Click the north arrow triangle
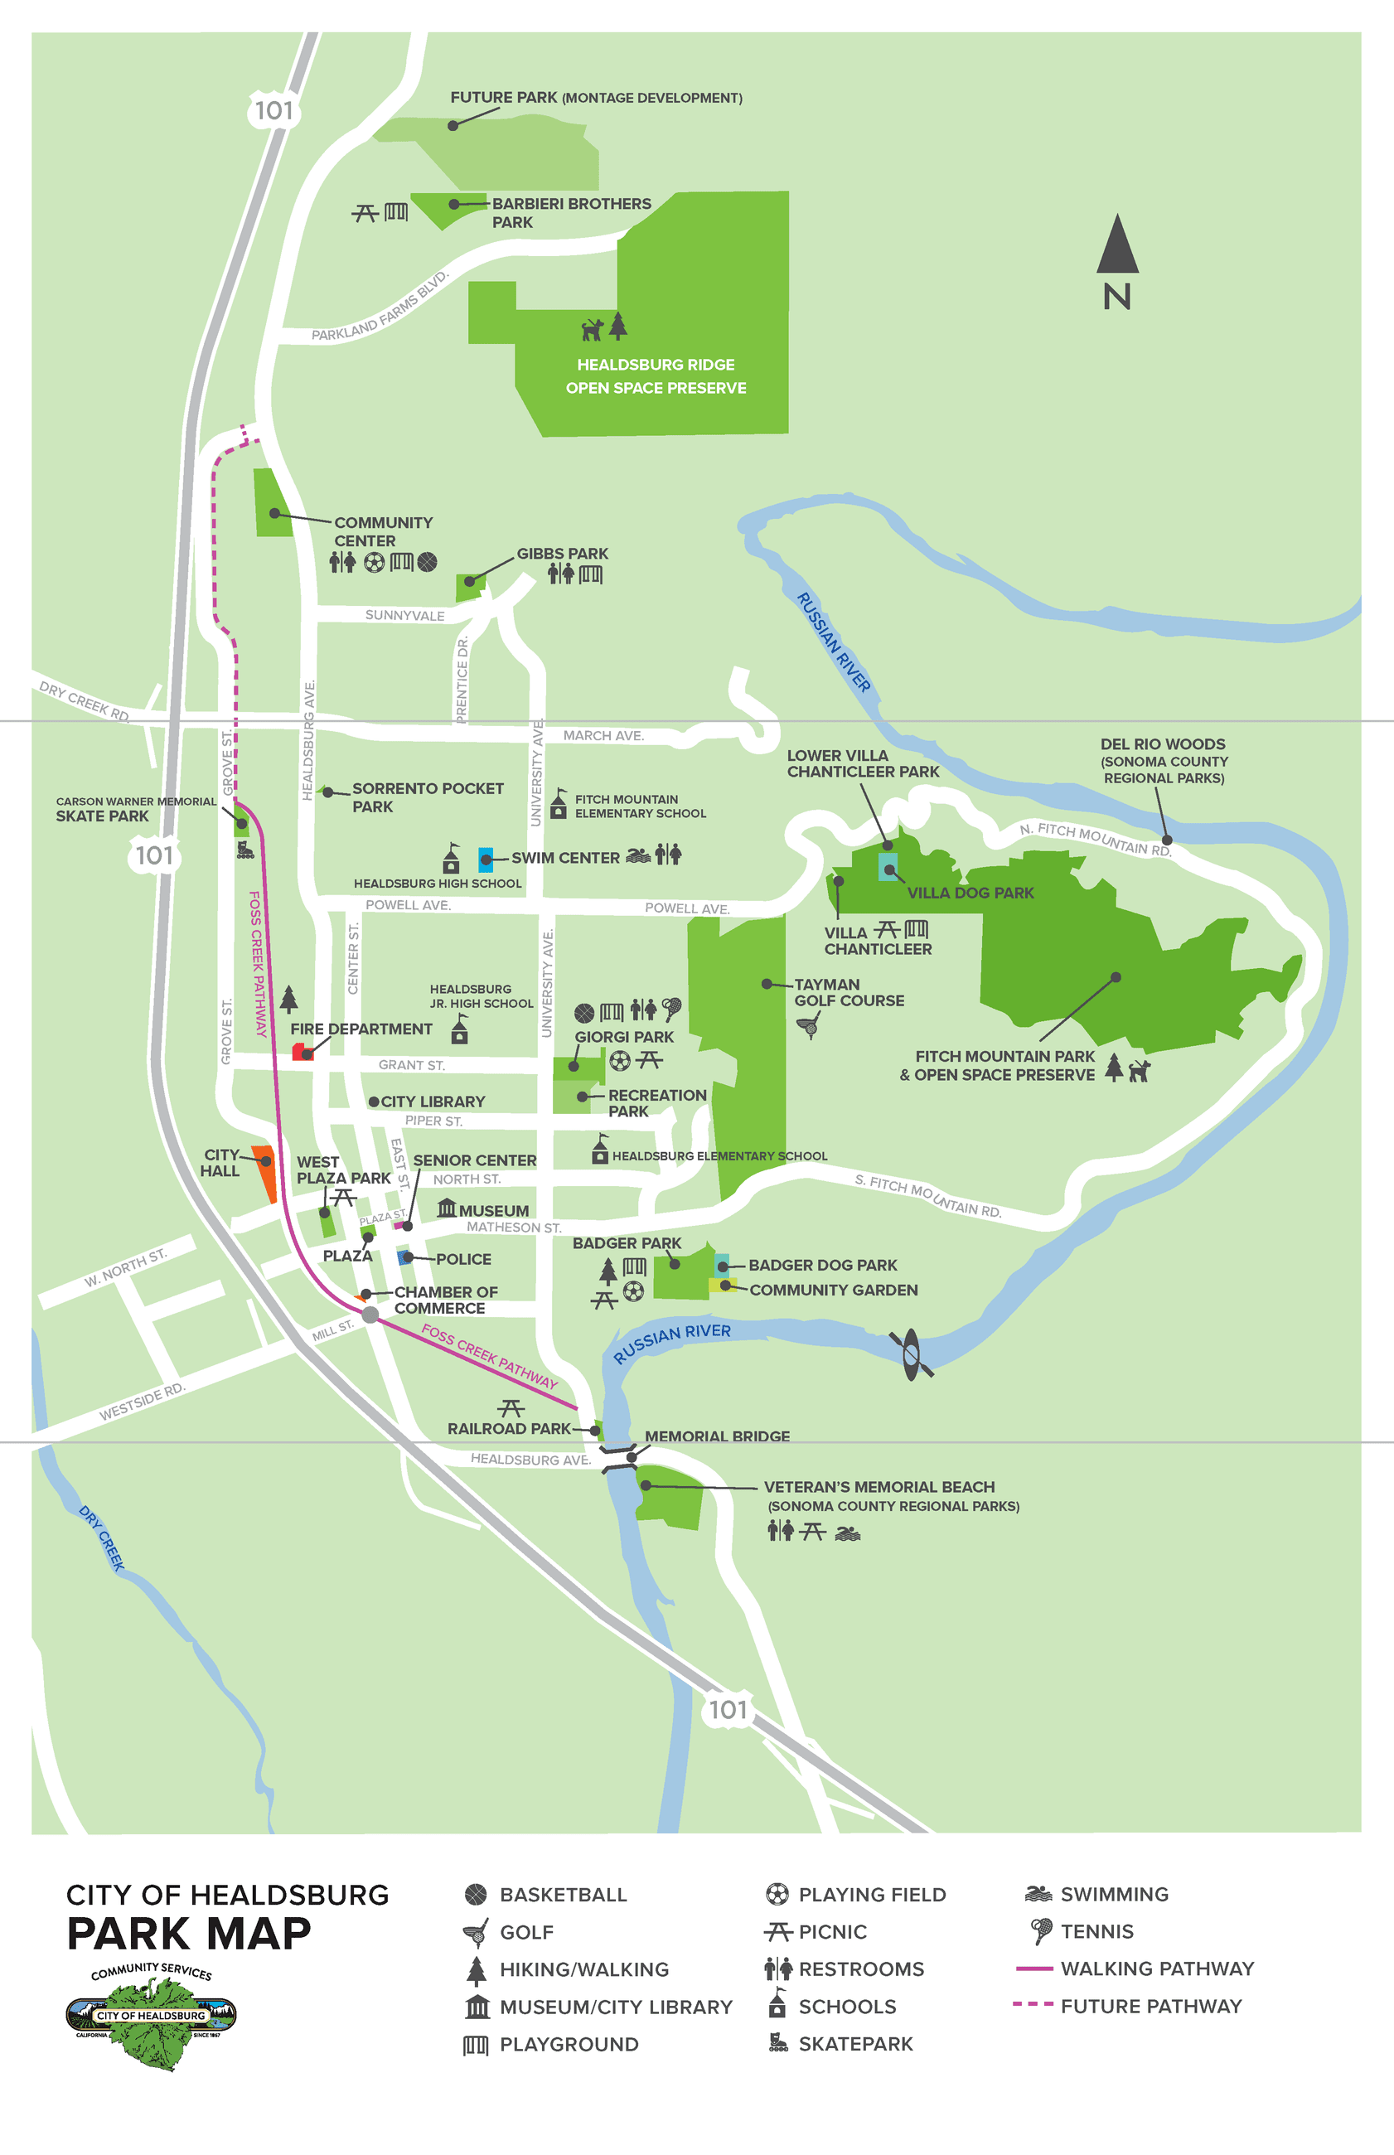(1117, 246)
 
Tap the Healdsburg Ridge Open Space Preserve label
(656, 375)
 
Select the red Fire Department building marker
(301, 1051)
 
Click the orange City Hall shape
(266, 1172)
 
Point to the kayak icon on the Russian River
(911, 1354)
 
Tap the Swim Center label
(565, 857)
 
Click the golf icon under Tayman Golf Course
(808, 1024)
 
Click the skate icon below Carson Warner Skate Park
(245, 849)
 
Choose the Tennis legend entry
(1096, 1931)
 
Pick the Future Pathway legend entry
(1150, 2006)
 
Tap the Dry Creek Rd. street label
(85, 701)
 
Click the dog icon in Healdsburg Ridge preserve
(592, 328)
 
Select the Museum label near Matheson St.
(492, 1210)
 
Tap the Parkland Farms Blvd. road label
(380, 307)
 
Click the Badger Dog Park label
(822, 1264)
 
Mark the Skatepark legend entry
(854, 2044)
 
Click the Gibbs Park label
(562, 553)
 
